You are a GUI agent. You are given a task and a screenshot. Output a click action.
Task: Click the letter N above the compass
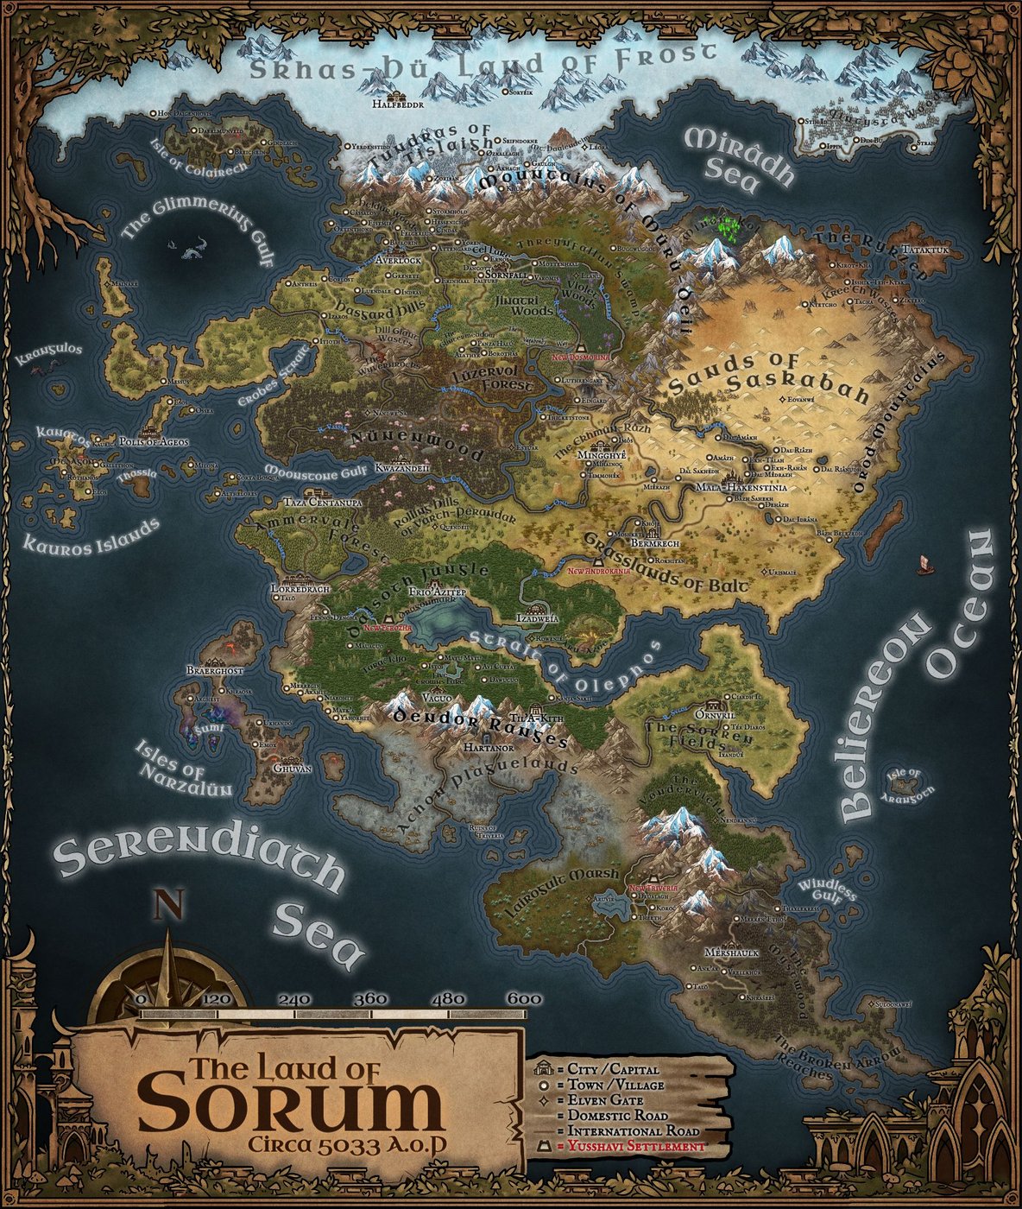click(x=168, y=907)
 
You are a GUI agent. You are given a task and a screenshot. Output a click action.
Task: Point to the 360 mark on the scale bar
click(x=370, y=998)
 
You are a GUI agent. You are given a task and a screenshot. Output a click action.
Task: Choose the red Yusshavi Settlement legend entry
click(x=631, y=1146)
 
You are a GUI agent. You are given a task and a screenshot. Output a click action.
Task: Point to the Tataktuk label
click(x=924, y=250)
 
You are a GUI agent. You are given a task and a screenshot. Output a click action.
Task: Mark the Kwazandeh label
click(x=402, y=467)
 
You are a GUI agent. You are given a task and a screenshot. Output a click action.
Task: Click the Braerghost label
click(x=215, y=670)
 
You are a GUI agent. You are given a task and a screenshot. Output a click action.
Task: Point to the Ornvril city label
click(x=713, y=715)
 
